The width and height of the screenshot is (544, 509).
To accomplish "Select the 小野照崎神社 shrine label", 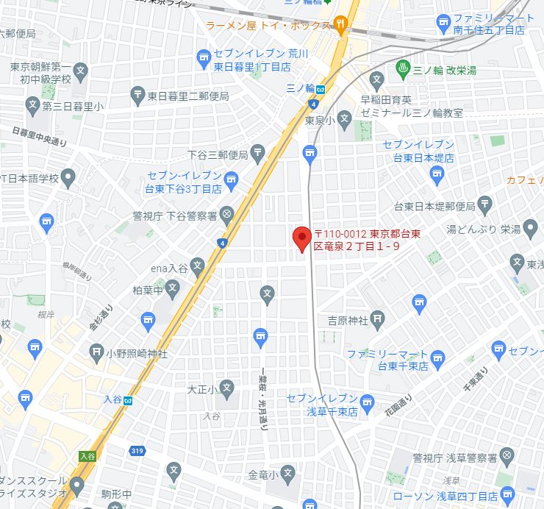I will (x=137, y=353).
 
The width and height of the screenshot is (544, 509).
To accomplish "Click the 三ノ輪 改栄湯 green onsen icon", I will (x=403, y=70).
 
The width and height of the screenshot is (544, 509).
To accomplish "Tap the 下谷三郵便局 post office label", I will (x=218, y=154).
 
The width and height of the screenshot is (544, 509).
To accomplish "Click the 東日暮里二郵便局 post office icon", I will (x=137, y=95).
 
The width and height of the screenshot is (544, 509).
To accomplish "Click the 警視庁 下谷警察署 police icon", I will (x=227, y=216).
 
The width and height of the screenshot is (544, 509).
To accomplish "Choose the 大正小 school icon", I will (x=227, y=388).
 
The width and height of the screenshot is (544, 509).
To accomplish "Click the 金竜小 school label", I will (x=262, y=474).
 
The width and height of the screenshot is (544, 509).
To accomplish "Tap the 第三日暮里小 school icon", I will (x=32, y=106).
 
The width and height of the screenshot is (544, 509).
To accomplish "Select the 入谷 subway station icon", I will (x=129, y=400).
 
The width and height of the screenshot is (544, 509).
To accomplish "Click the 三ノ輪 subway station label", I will (x=296, y=88).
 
